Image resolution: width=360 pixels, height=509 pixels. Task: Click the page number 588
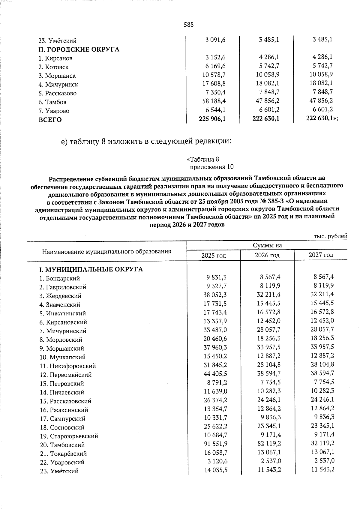point(188,25)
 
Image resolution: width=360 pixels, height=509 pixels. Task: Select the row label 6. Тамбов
point(52,102)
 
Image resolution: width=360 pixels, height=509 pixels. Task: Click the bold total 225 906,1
point(212,119)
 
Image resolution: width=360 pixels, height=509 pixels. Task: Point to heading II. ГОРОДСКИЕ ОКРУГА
point(79,49)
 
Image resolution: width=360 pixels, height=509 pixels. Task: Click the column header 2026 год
point(267,255)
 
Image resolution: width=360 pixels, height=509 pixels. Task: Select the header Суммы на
point(267,246)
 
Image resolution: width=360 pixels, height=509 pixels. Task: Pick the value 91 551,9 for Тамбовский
point(215,444)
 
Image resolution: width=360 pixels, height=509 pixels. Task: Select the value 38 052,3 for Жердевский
point(215,295)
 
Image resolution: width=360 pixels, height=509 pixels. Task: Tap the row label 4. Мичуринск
point(58,85)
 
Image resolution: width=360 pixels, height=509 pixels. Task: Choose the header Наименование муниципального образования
point(106,251)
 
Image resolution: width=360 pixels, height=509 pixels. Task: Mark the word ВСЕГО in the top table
point(50,120)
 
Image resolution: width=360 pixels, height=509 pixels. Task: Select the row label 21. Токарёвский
point(63,454)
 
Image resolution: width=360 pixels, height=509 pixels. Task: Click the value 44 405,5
point(215,373)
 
